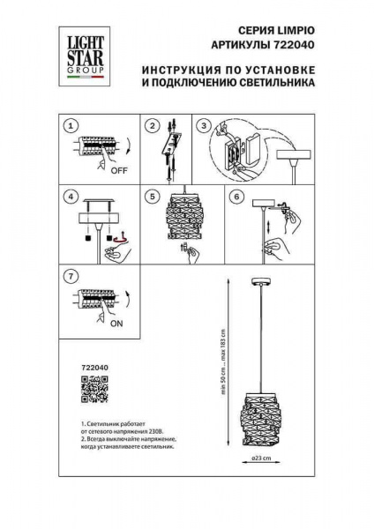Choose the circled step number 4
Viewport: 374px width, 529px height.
pyautogui.click(x=71, y=197)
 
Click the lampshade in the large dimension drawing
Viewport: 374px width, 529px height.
pyautogui.click(x=262, y=414)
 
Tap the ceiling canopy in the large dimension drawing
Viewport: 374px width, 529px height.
pyautogui.click(x=262, y=281)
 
